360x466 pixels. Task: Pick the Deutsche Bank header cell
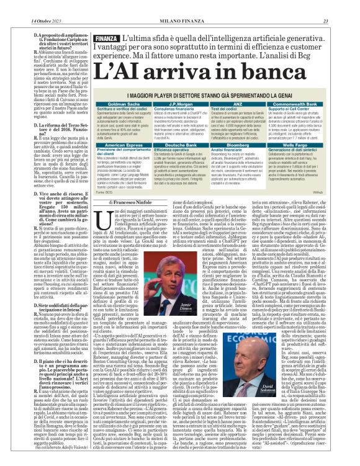182,145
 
